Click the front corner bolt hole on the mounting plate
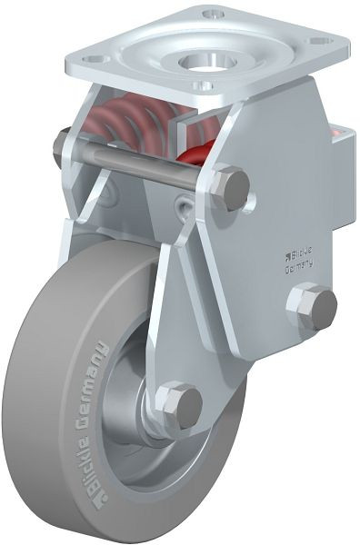tap(205, 86)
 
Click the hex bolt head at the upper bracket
tap(230, 188)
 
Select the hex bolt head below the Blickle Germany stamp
tap(311, 307)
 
